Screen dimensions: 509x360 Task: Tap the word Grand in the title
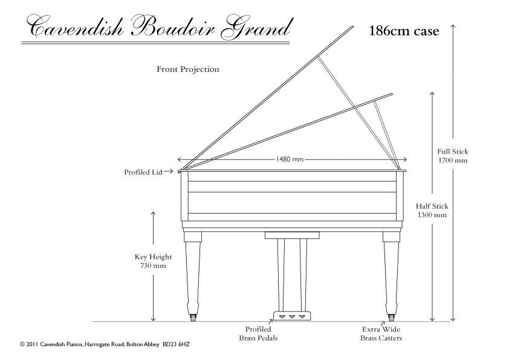[256, 27]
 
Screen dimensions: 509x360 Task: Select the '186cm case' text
[404, 31]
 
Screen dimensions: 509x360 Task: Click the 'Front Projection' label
[188, 69]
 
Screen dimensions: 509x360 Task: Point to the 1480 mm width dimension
[290, 159]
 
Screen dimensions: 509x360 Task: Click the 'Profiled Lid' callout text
[143, 172]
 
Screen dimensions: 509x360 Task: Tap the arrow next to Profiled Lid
[169, 171]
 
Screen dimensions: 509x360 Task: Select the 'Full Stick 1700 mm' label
[453, 155]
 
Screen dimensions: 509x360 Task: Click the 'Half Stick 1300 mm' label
[432, 210]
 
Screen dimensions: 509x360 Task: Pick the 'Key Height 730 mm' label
[153, 261]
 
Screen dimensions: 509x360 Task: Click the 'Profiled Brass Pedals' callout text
[258, 333]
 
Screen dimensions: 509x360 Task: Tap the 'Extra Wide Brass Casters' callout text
[381, 333]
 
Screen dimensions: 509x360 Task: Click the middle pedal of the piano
[292, 316]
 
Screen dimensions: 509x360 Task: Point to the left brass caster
[193, 318]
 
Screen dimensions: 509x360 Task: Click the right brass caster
[391, 318]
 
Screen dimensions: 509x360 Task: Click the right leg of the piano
[391, 273]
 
